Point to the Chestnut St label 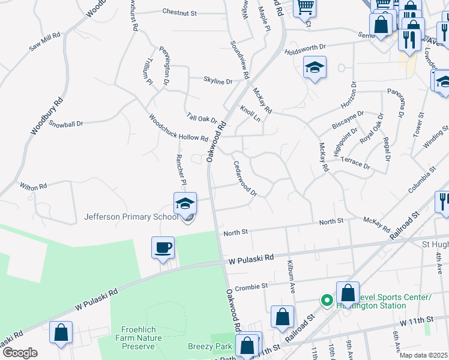tap(179, 12)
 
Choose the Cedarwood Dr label tap(245, 178)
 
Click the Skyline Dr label tap(218, 81)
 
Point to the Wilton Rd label tap(33, 187)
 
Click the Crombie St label tap(251, 287)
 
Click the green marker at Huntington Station tap(327, 299)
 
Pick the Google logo tap(20, 353)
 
